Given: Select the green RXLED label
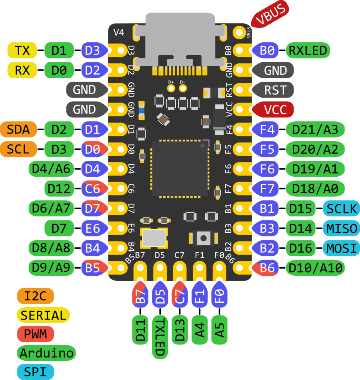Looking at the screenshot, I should tap(308, 50).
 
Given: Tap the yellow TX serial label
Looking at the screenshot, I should tap(22, 50).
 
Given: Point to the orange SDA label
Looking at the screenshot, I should tap(19, 130).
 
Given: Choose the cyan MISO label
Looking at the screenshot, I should tap(341, 228).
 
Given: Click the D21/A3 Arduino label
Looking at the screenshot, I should tap(315, 130).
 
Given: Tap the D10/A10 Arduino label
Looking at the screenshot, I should tap(315, 268).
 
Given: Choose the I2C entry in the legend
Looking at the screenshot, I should tap(35, 296).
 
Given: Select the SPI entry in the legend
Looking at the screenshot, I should tap(35, 371).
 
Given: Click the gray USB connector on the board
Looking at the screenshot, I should tap(180, 35).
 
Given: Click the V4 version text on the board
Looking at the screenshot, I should tap(119, 32).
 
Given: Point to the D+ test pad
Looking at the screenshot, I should tap(171, 88).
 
